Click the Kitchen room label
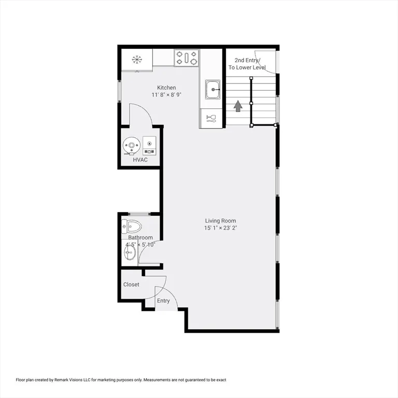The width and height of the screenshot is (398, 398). point(166,88)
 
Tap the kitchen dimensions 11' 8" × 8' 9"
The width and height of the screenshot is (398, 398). point(166,95)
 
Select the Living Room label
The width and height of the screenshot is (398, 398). point(220,221)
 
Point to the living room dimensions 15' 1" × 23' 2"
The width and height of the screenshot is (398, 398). point(220,228)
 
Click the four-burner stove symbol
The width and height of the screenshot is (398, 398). point(187,58)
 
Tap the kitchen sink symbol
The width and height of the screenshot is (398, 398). point(212,90)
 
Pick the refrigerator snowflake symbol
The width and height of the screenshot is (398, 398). point(137,60)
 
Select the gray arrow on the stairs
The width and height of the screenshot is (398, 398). point(238,106)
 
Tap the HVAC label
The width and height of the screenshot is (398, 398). point(140,160)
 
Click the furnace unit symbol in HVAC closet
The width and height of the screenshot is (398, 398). point(150,146)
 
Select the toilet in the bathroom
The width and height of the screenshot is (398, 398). point(132,226)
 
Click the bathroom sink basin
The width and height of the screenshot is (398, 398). point(130,253)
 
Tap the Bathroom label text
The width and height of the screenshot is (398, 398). point(140,238)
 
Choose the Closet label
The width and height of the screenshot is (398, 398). point(131,285)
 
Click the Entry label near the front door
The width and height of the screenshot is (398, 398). point(163,301)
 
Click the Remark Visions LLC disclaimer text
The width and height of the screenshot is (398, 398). point(121,380)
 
